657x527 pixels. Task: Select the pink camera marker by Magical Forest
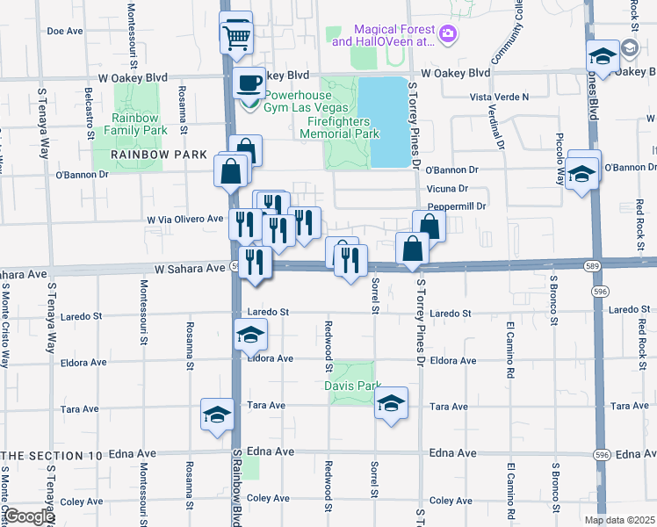[449, 34]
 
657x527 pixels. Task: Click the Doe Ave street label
[64, 31]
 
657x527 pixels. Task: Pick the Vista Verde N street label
[500, 96]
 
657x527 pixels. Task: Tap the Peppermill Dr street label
[457, 206]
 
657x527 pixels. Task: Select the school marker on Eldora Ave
[250, 336]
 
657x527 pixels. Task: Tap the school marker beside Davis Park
[392, 405]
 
